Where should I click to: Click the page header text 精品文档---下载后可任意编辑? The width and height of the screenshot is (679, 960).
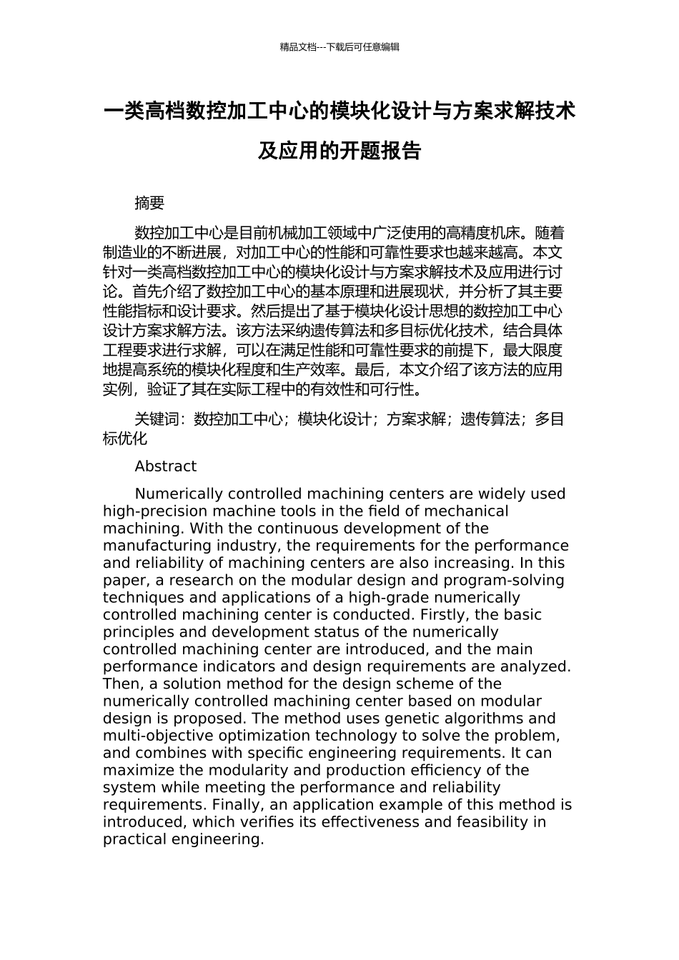click(x=339, y=47)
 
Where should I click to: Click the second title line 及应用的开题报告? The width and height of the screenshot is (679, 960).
click(x=339, y=151)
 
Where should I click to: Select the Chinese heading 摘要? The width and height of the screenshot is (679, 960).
click(x=149, y=204)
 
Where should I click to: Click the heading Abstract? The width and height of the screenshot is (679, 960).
click(x=165, y=466)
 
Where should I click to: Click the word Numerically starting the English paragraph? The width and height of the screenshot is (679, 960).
click(x=177, y=494)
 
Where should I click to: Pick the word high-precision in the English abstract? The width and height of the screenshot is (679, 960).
click(x=148, y=511)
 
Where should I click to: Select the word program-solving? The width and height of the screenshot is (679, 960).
click(x=505, y=580)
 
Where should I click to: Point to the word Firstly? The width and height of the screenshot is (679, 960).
click(x=443, y=615)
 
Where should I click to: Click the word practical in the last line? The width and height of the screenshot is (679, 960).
click(x=134, y=839)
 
